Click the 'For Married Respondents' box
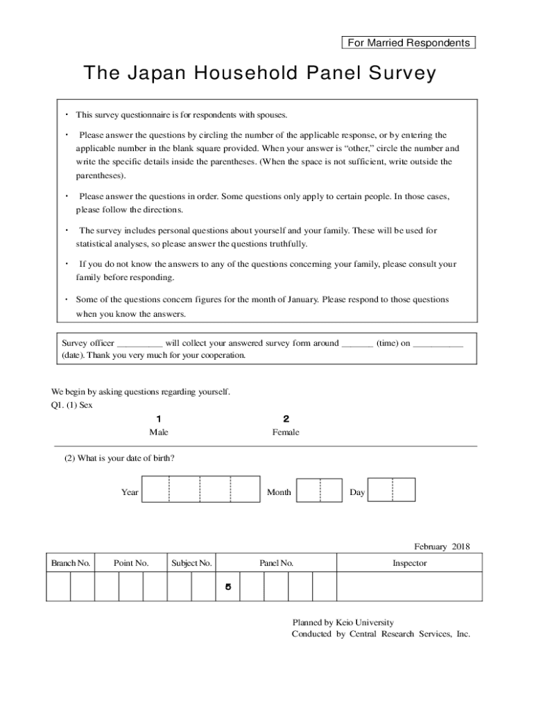(409, 43)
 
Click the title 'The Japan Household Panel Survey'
(259, 73)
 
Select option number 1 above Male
(159, 419)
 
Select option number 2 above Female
(286, 419)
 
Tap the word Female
(286, 433)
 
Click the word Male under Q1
(159, 433)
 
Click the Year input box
(200, 489)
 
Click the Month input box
(319, 490)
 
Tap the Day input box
(391, 490)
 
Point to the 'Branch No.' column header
(71, 563)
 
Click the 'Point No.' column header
(131, 563)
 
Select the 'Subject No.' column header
(191, 563)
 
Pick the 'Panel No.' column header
(276, 563)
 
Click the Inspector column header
(409, 563)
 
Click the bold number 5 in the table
(227, 587)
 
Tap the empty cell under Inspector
(409, 587)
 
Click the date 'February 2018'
(442, 547)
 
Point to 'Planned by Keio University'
(343, 623)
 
